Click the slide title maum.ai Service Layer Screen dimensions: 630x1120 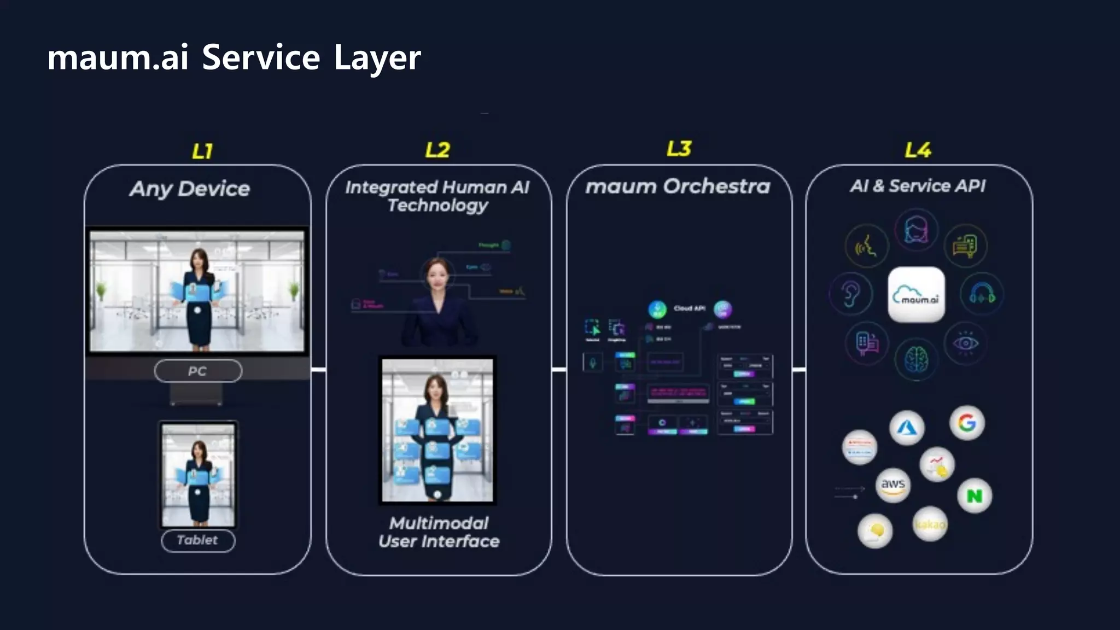234,57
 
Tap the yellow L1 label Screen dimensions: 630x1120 202,151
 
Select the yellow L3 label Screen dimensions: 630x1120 679,149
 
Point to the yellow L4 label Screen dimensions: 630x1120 918,150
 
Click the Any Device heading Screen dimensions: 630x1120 190,189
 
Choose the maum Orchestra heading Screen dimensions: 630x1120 678,186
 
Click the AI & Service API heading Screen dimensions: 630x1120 918,186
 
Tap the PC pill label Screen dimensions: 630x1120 197,371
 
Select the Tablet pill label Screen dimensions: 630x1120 197,540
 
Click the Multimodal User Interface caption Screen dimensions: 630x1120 439,532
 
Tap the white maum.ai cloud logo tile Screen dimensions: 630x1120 916,295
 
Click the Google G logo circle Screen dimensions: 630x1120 967,423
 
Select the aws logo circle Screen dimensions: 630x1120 892,485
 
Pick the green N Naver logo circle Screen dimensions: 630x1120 975,496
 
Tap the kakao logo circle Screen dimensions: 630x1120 930,524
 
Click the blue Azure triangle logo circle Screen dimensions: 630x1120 907,428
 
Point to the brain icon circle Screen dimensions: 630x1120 916,359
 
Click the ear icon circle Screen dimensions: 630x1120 850,294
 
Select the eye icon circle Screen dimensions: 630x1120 965,343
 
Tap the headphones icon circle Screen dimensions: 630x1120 982,295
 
